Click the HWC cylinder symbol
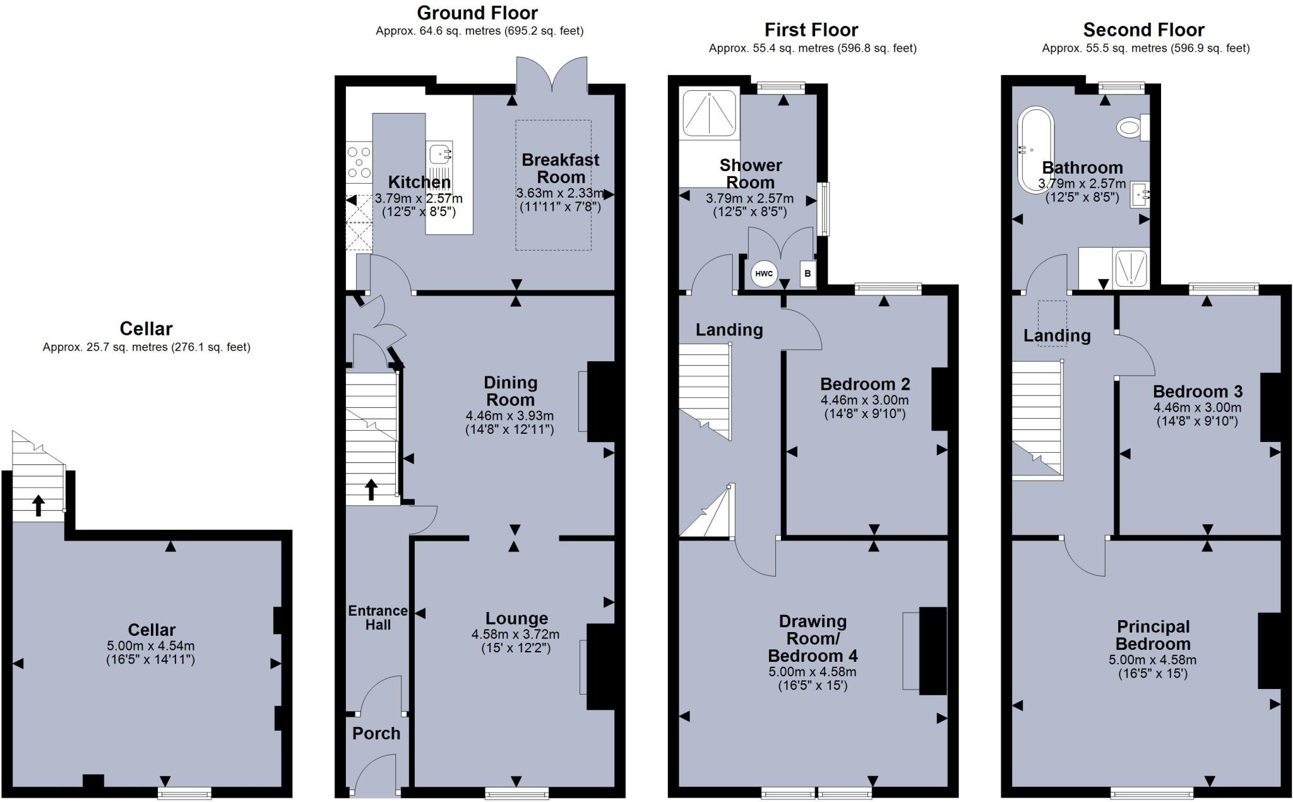[763, 273]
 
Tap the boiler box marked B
[807, 274]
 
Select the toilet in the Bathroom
[1131, 128]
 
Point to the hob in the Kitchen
[359, 162]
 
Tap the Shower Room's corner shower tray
[709, 114]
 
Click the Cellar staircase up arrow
[39, 505]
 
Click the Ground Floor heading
[477, 13]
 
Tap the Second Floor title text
[1143, 30]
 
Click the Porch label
[376, 733]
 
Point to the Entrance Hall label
[378, 618]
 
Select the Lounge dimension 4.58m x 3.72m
[515, 634]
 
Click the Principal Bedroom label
[1153, 635]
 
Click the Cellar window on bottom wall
[184, 793]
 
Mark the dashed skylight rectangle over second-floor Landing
[1052, 323]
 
